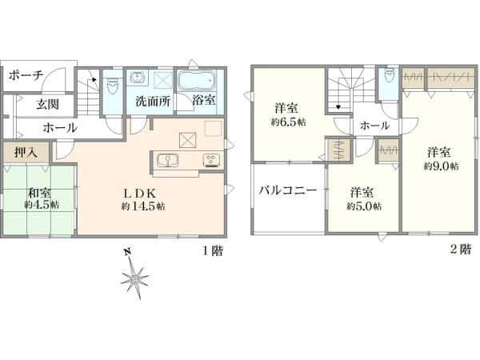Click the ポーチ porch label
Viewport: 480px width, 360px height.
(x=26, y=75)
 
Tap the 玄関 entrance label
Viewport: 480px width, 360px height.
(x=47, y=104)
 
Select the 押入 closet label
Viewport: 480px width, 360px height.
(x=26, y=152)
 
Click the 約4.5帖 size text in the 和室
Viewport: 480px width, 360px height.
(x=42, y=205)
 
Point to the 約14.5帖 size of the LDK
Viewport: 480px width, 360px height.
(x=143, y=206)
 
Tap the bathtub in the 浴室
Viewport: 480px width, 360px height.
(x=196, y=80)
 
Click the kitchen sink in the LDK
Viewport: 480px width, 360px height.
(x=167, y=161)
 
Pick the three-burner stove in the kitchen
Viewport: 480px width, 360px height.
(x=211, y=160)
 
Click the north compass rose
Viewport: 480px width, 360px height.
(x=134, y=277)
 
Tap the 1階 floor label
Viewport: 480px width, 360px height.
(x=213, y=250)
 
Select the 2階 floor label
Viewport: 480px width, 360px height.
(x=461, y=249)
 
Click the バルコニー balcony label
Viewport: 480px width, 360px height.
(x=288, y=190)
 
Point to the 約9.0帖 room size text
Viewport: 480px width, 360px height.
(x=441, y=166)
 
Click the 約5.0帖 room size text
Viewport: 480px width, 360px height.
(x=364, y=206)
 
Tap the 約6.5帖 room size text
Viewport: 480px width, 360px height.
(x=288, y=122)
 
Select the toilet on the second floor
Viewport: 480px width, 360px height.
(x=389, y=75)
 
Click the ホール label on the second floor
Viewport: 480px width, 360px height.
(x=374, y=126)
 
